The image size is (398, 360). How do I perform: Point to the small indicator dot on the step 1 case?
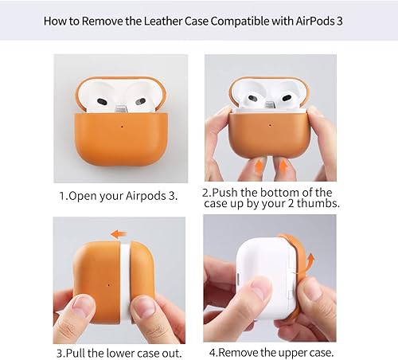pyautogui.click(x=120, y=124)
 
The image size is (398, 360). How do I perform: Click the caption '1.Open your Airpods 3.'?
pyautogui.click(x=119, y=194)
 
